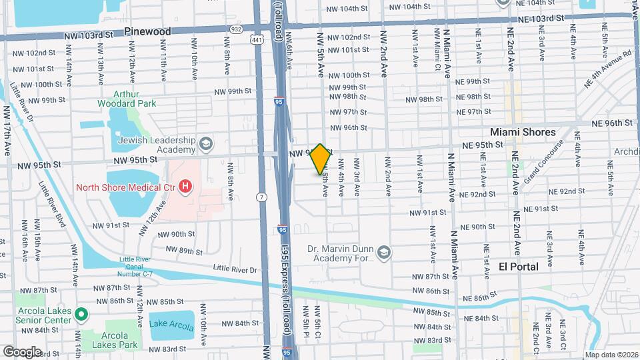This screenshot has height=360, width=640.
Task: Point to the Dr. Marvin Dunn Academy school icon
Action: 383,253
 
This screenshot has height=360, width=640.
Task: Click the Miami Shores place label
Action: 523,132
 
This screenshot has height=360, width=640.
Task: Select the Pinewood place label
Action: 147,31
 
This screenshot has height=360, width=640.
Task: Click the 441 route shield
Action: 257,41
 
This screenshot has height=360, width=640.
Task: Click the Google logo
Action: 22,351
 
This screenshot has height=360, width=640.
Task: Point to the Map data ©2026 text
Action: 610,355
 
